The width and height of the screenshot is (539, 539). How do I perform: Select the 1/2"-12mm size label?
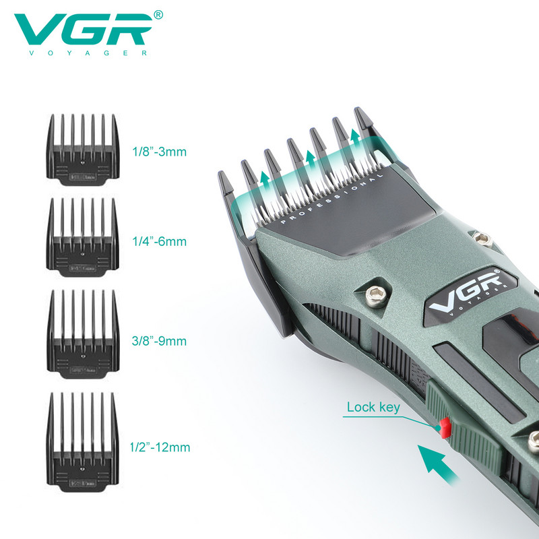tap(159, 447)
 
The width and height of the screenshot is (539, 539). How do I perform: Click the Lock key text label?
tap(373, 407)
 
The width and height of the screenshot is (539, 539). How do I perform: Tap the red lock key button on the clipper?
tap(444, 426)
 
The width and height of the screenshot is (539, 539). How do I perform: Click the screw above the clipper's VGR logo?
tap(480, 237)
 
